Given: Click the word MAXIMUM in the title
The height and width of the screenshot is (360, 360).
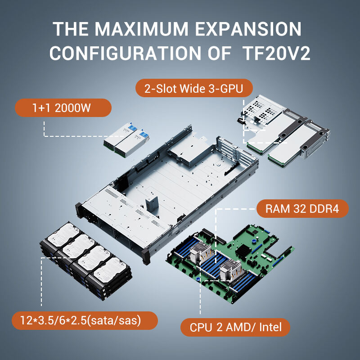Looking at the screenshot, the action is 141,29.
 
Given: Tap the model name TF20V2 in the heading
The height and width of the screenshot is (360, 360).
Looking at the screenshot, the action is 276,53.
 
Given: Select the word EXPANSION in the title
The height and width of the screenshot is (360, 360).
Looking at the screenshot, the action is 248,29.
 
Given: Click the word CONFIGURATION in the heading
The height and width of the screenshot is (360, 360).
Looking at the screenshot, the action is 125,53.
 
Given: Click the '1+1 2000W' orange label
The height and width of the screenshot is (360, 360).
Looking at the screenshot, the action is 63,108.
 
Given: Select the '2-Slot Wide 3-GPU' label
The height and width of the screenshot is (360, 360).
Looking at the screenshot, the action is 194,88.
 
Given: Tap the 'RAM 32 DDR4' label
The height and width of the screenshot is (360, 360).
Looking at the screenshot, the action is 302,209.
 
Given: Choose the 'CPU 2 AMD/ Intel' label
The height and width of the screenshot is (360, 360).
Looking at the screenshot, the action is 235,327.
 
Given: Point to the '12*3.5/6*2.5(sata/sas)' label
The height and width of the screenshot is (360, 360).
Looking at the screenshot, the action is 85,320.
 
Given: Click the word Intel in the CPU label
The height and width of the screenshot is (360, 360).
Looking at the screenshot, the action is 270,327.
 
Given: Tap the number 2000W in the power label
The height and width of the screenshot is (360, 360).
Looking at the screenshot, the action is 73,108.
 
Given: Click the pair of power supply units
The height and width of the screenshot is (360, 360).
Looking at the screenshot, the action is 126,140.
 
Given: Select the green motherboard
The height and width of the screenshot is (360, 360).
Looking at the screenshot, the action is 229,264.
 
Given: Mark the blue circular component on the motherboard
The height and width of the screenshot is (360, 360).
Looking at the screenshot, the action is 254,241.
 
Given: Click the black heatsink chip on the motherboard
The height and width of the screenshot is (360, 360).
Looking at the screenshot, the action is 244,251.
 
